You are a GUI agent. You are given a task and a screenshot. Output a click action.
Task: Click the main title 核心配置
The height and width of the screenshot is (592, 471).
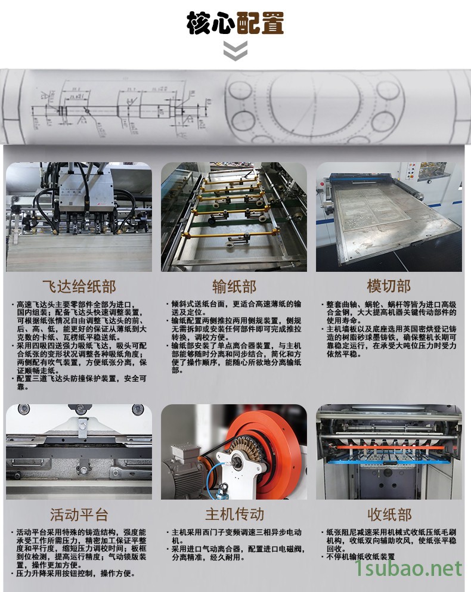coord(235,23)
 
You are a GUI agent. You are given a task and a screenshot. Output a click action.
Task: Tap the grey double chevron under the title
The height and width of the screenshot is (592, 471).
coord(235,51)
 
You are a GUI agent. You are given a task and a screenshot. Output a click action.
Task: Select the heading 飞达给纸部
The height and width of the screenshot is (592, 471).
coord(79,287)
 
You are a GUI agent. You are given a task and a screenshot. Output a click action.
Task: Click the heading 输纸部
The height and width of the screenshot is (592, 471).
coord(234,287)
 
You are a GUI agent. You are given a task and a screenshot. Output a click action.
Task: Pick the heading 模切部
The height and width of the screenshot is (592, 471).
coord(389,286)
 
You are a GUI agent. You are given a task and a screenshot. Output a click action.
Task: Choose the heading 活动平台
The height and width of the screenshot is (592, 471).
coord(79,514)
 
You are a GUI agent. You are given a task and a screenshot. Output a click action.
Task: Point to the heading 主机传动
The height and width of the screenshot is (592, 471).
coord(234,514)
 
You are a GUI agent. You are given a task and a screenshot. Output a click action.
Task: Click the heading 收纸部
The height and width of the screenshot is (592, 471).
coord(389,514)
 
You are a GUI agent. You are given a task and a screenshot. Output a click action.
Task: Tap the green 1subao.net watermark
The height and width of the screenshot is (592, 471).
coord(408,568)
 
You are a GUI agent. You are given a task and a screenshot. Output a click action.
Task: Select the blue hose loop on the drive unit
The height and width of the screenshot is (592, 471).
coord(215,476)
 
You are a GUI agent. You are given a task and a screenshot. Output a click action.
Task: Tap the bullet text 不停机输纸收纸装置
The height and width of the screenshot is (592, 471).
coord(360,556)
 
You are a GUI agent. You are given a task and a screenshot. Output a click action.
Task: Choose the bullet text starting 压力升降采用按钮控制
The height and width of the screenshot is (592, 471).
coord(76,573)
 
